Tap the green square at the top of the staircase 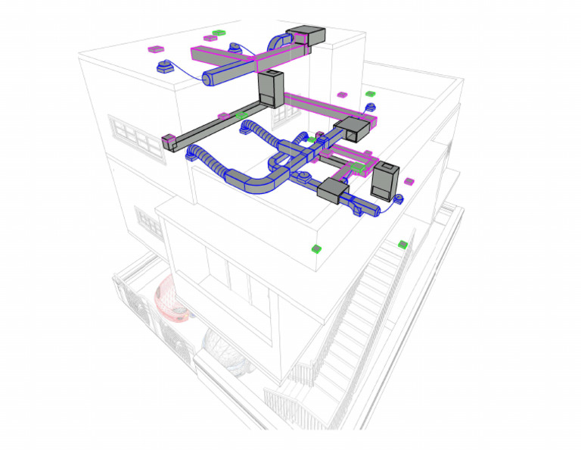coord(403,244)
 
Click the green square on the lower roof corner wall coord(317,248)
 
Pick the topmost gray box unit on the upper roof coord(306,36)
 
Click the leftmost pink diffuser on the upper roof coord(156,49)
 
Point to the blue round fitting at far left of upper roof coord(162,67)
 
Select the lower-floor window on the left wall coord(148,220)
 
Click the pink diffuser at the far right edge coord(409,181)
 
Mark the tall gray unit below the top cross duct coord(270,87)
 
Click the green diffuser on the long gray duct coord(241,115)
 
